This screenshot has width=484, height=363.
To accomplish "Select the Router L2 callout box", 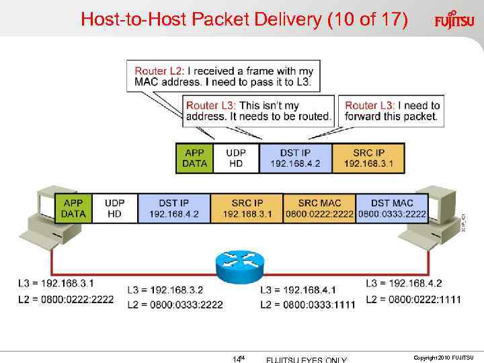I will pyautogui.click(x=223, y=77).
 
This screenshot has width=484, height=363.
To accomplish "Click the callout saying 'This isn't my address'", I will pyautogui.click(x=259, y=111).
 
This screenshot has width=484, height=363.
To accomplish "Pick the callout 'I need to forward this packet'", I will pyautogui.click(x=393, y=111).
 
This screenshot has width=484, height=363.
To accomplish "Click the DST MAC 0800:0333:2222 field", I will pyautogui.click(x=392, y=208).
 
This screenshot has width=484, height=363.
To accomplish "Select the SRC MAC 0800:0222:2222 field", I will pyautogui.click(x=319, y=208).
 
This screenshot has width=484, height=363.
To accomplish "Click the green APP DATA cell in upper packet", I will pyautogui.click(x=195, y=158).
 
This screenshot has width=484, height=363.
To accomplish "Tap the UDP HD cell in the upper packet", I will pyautogui.click(x=236, y=158).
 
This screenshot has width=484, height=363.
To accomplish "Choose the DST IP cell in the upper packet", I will pyautogui.click(x=296, y=158).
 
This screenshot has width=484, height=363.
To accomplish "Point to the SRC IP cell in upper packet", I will pyautogui.click(x=368, y=158).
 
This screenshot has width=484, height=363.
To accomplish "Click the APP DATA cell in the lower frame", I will pyautogui.click(x=73, y=208).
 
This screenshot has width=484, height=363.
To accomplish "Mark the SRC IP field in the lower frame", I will pyautogui.click(x=247, y=208).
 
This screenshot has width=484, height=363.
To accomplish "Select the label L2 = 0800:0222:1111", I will pyautogui.click(x=413, y=299).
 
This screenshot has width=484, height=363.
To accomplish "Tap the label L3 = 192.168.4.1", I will pyautogui.click(x=298, y=290).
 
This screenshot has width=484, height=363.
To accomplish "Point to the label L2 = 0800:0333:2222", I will pyautogui.click(x=175, y=305).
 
